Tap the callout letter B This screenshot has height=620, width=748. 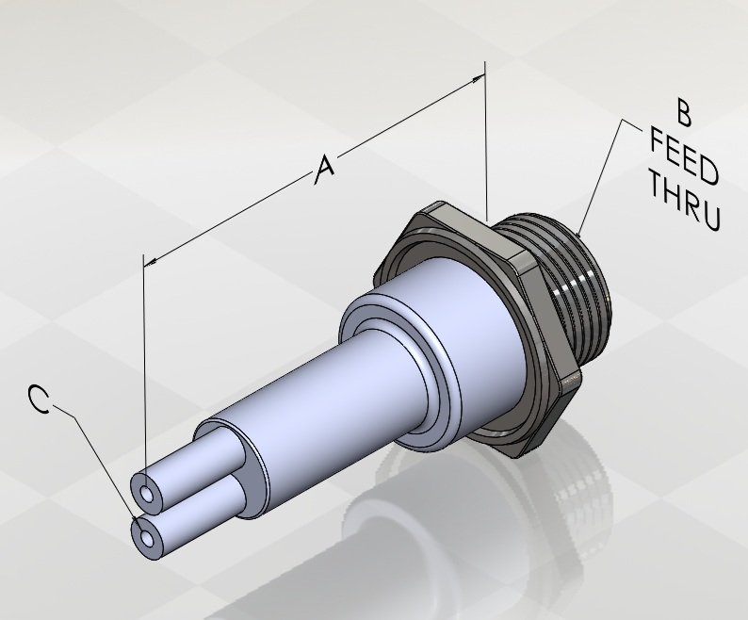[684, 113]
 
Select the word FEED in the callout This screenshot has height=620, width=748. [685, 157]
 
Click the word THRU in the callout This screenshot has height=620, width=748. [684, 202]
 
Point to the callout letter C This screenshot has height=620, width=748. [40, 399]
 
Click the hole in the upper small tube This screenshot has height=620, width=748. [147, 495]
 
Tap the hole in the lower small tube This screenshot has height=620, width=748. [147, 540]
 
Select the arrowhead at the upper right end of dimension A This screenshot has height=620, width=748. [478, 79]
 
